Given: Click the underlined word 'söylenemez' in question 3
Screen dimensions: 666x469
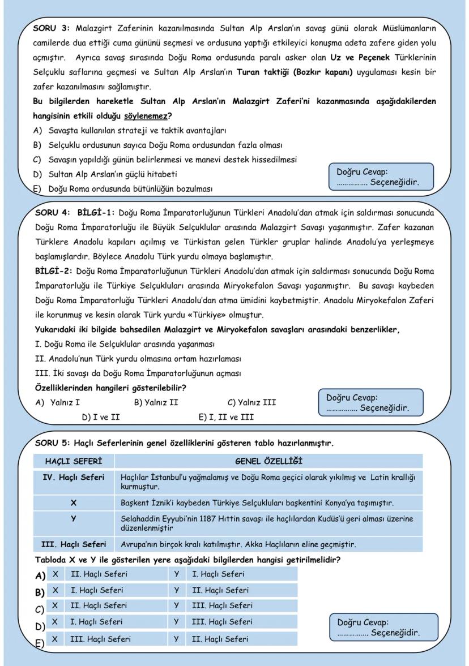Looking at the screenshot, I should click(x=144, y=116).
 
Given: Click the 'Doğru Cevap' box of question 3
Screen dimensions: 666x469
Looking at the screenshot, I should click(x=381, y=177).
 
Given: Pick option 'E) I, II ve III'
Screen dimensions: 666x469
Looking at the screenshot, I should click(x=226, y=418).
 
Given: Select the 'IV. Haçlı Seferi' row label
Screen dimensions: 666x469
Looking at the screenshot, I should click(x=74, y=478).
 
